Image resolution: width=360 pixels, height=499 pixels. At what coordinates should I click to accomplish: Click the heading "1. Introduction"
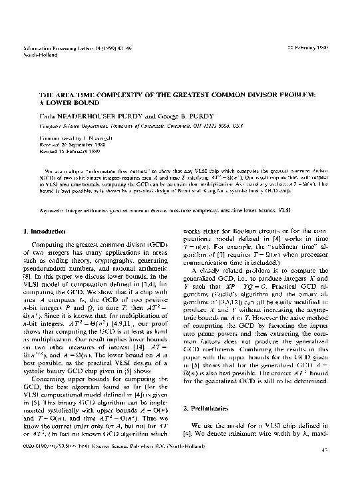(x=47, y=231)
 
